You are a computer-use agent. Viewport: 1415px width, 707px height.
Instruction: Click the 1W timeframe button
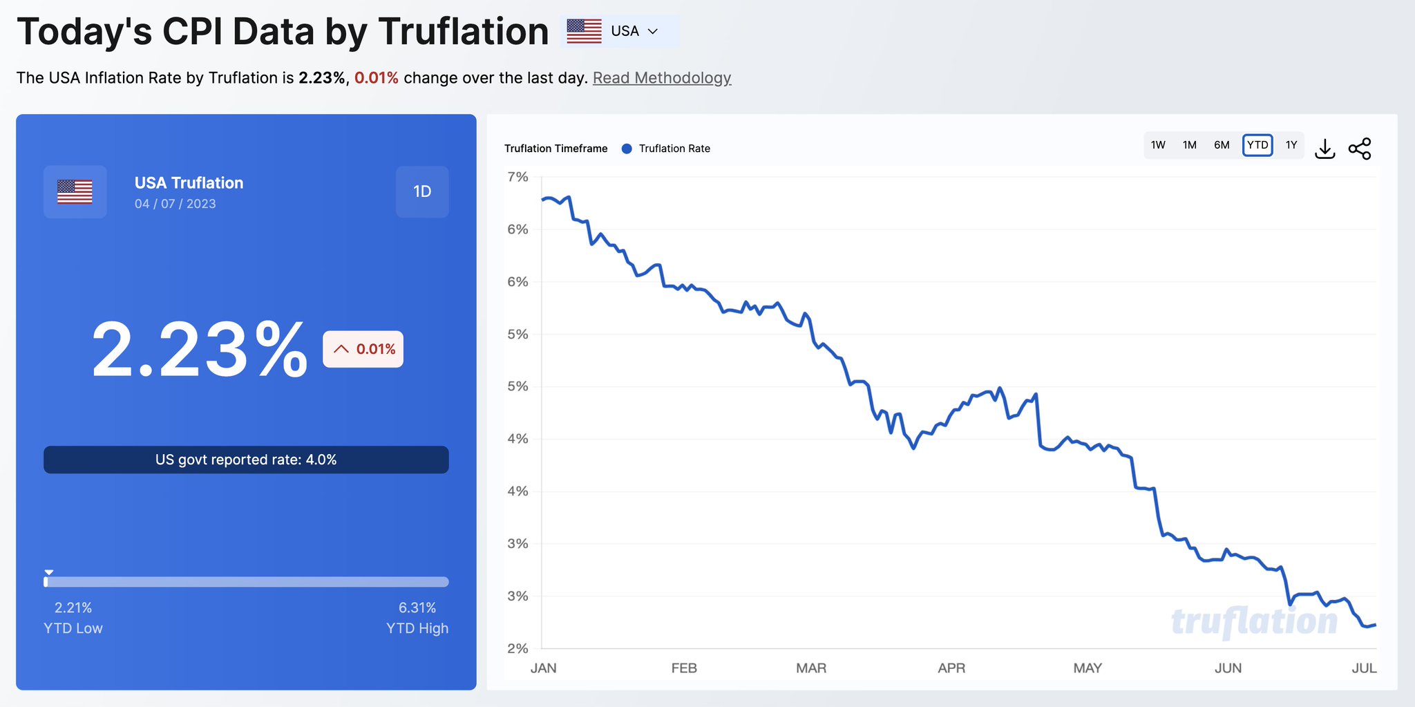[x=1158, y=145]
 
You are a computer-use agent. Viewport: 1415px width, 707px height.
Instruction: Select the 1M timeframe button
[x=1189, y=145]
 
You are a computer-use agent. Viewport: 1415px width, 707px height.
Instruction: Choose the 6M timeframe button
[x=1222, y=145]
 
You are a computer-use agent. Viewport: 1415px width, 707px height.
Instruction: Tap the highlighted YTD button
[x=1257, y=145]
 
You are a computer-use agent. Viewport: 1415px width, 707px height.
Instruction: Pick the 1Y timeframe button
[x=1291, y=145]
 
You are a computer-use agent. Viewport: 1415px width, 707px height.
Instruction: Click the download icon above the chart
[x=1324, y=149]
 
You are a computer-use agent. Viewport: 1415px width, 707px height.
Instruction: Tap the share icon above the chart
[x=1360, y=149]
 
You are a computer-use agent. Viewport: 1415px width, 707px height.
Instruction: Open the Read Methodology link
[x=661, y=77]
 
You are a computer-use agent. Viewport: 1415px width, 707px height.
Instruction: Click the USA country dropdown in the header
[x=620, y=31]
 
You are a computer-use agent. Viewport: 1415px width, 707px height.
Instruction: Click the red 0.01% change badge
[x=363, y=349]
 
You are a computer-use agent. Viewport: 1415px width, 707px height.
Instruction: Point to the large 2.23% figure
[x=200, y=349]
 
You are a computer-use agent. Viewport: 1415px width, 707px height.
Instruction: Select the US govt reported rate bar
[x=246, y=460]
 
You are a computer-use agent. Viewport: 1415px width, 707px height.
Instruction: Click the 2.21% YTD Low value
[x=73, y=607]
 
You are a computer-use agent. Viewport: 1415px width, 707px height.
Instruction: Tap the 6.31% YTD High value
[x=417, y=607]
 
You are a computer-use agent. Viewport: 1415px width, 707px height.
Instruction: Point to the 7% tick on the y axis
[x=517, y=177]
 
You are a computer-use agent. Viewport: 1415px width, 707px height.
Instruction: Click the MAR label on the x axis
[x=810, y=668]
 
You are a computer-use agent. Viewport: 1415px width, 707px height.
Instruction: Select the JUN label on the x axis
[x=1228, y=668]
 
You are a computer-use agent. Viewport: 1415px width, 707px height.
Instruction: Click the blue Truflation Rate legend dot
[x=627, y=149]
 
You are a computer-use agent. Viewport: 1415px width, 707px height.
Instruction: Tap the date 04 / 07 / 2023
[x=175, y=204]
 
